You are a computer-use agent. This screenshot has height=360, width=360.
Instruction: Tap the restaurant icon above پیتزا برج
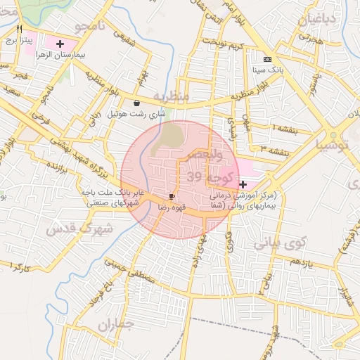(19, 29)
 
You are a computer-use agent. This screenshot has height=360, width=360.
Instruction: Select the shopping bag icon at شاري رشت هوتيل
(136, 103)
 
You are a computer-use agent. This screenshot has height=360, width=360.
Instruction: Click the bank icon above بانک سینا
(267, 60)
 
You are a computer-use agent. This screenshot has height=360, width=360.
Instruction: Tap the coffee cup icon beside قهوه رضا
(172, 197)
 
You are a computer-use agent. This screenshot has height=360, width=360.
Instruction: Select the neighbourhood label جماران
(115, 325)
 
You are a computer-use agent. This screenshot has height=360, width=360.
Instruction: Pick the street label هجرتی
(309, 41)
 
